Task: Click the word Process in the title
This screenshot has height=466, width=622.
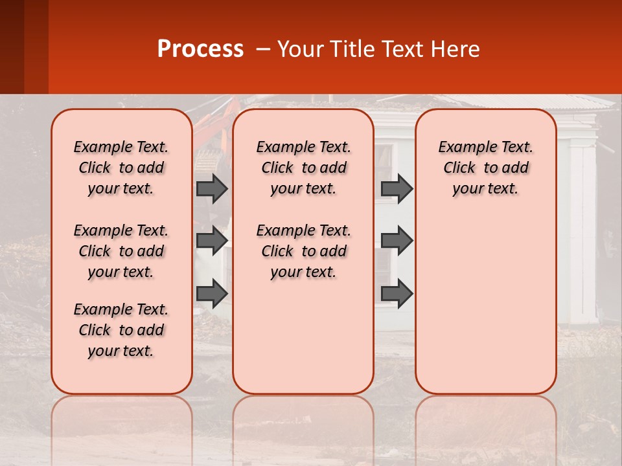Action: (200, 49)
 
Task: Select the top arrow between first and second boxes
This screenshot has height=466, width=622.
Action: (212, 188)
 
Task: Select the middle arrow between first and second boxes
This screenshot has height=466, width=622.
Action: (212, 241)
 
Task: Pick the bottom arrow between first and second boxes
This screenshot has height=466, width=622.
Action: (212, 293)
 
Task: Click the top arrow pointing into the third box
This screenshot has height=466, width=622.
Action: (397, 188)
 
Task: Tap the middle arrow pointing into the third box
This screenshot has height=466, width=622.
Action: (397, 241)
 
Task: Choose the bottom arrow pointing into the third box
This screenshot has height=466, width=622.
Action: (397, 293)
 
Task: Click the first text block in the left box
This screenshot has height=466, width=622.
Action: (121, 168)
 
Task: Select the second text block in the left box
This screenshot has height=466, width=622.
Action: (121, 251)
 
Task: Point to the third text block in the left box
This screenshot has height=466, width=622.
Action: (121, 330)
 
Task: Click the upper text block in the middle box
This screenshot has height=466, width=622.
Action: (303, 168)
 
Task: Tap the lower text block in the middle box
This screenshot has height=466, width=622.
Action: (303, 251)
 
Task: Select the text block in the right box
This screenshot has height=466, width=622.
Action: (485, 168)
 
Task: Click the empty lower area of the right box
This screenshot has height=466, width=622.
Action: (485, 304)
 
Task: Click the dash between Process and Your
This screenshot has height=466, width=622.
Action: (260, 50)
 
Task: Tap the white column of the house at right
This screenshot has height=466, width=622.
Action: (582, 233)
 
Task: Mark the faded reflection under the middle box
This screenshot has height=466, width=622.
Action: (303, 421)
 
